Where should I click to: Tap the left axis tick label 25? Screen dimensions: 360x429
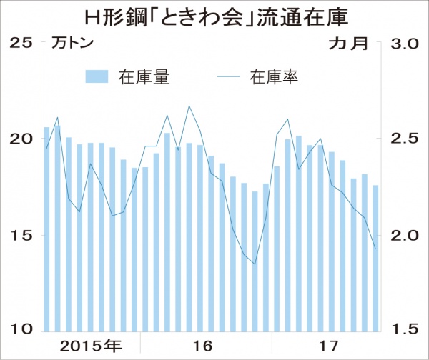point(21,44)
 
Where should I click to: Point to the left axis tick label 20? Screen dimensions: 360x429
point(21,139)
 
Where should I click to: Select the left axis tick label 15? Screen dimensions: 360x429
point(21,235)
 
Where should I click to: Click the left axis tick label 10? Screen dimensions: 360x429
point(21,329)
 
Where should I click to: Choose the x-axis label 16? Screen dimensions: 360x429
point(203,346)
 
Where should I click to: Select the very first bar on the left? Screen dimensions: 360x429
point(46,229)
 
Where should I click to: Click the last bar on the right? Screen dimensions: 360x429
point(375,258)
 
